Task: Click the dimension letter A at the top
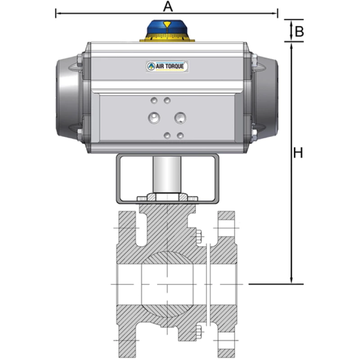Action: [x=167, y=6]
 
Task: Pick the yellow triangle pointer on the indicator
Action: [x=167, y=25]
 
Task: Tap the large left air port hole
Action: [x=154, y=117]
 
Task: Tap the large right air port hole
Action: [x=181, y=117]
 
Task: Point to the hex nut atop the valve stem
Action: [x=167, y=197]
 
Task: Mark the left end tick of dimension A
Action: [x=56, y=13]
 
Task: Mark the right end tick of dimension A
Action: [x=278, y=13]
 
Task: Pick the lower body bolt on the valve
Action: [x=198, y=333]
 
